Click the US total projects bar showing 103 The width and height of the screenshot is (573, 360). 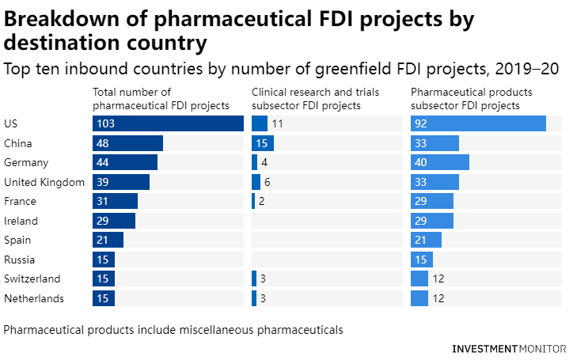pyautogui.click(x=168, y=123)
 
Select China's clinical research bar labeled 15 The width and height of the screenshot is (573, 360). pyautogui.click(x=263, y=143)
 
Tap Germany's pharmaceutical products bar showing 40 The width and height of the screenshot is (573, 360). pyautogui.click(x=439, y=162)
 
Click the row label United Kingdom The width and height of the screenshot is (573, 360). pyautogui.click(x=44, y=182)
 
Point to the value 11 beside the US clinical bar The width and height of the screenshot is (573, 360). pyautogui.click(x=277, y=123)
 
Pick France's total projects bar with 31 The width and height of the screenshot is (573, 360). pyautogui.click(x=115, y=201)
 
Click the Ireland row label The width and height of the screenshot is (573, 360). pyautogui.click(x=21, y=221)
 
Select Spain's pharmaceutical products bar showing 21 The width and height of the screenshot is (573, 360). pyautogui.click(x=426, y=240)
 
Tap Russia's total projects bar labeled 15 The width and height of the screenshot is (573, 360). pyautogui.click(x=104, y=260)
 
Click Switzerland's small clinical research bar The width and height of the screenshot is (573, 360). pyautogui.click(x=254, y=279)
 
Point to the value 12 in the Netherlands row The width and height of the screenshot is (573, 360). pyautogui.click(x=439, y=298)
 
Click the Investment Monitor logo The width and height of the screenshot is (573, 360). pyautogui.click(x=509, y=348)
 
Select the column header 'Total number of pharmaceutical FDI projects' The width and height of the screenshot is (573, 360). pyautogui.click(x=161, y=98)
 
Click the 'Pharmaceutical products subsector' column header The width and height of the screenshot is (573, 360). pyautogui.click(x=471, y=98)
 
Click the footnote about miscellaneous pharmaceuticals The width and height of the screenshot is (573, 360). pyautogui.click(x=173, y=329)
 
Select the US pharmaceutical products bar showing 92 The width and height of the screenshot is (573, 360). pyautogui.click(x=478, y=123)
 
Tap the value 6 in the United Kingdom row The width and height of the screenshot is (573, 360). pyautogui.click(x=268, y=182)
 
